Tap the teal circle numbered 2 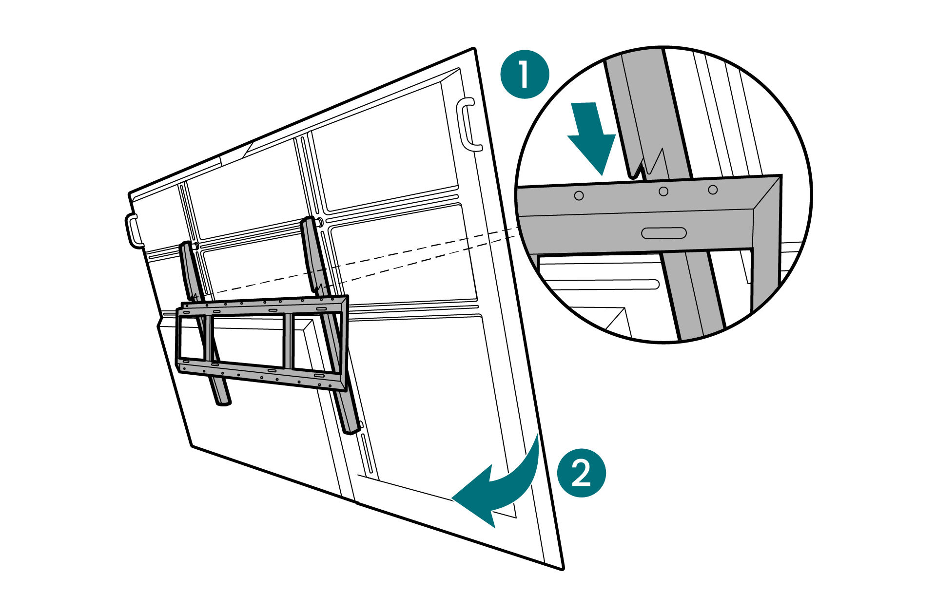coord(581,473)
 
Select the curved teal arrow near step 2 coord(502,487)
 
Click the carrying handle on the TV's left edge coord(134,230)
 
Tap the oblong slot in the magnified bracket coord(663,233)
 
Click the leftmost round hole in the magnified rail coord(579,195)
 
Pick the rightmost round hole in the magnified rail coord(713,190)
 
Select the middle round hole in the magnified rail coord(663,192)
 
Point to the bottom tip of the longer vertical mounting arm coord(352,429)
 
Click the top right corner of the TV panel coord(473,49)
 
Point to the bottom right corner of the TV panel coord(562,568)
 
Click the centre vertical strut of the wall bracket coord(288,341)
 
